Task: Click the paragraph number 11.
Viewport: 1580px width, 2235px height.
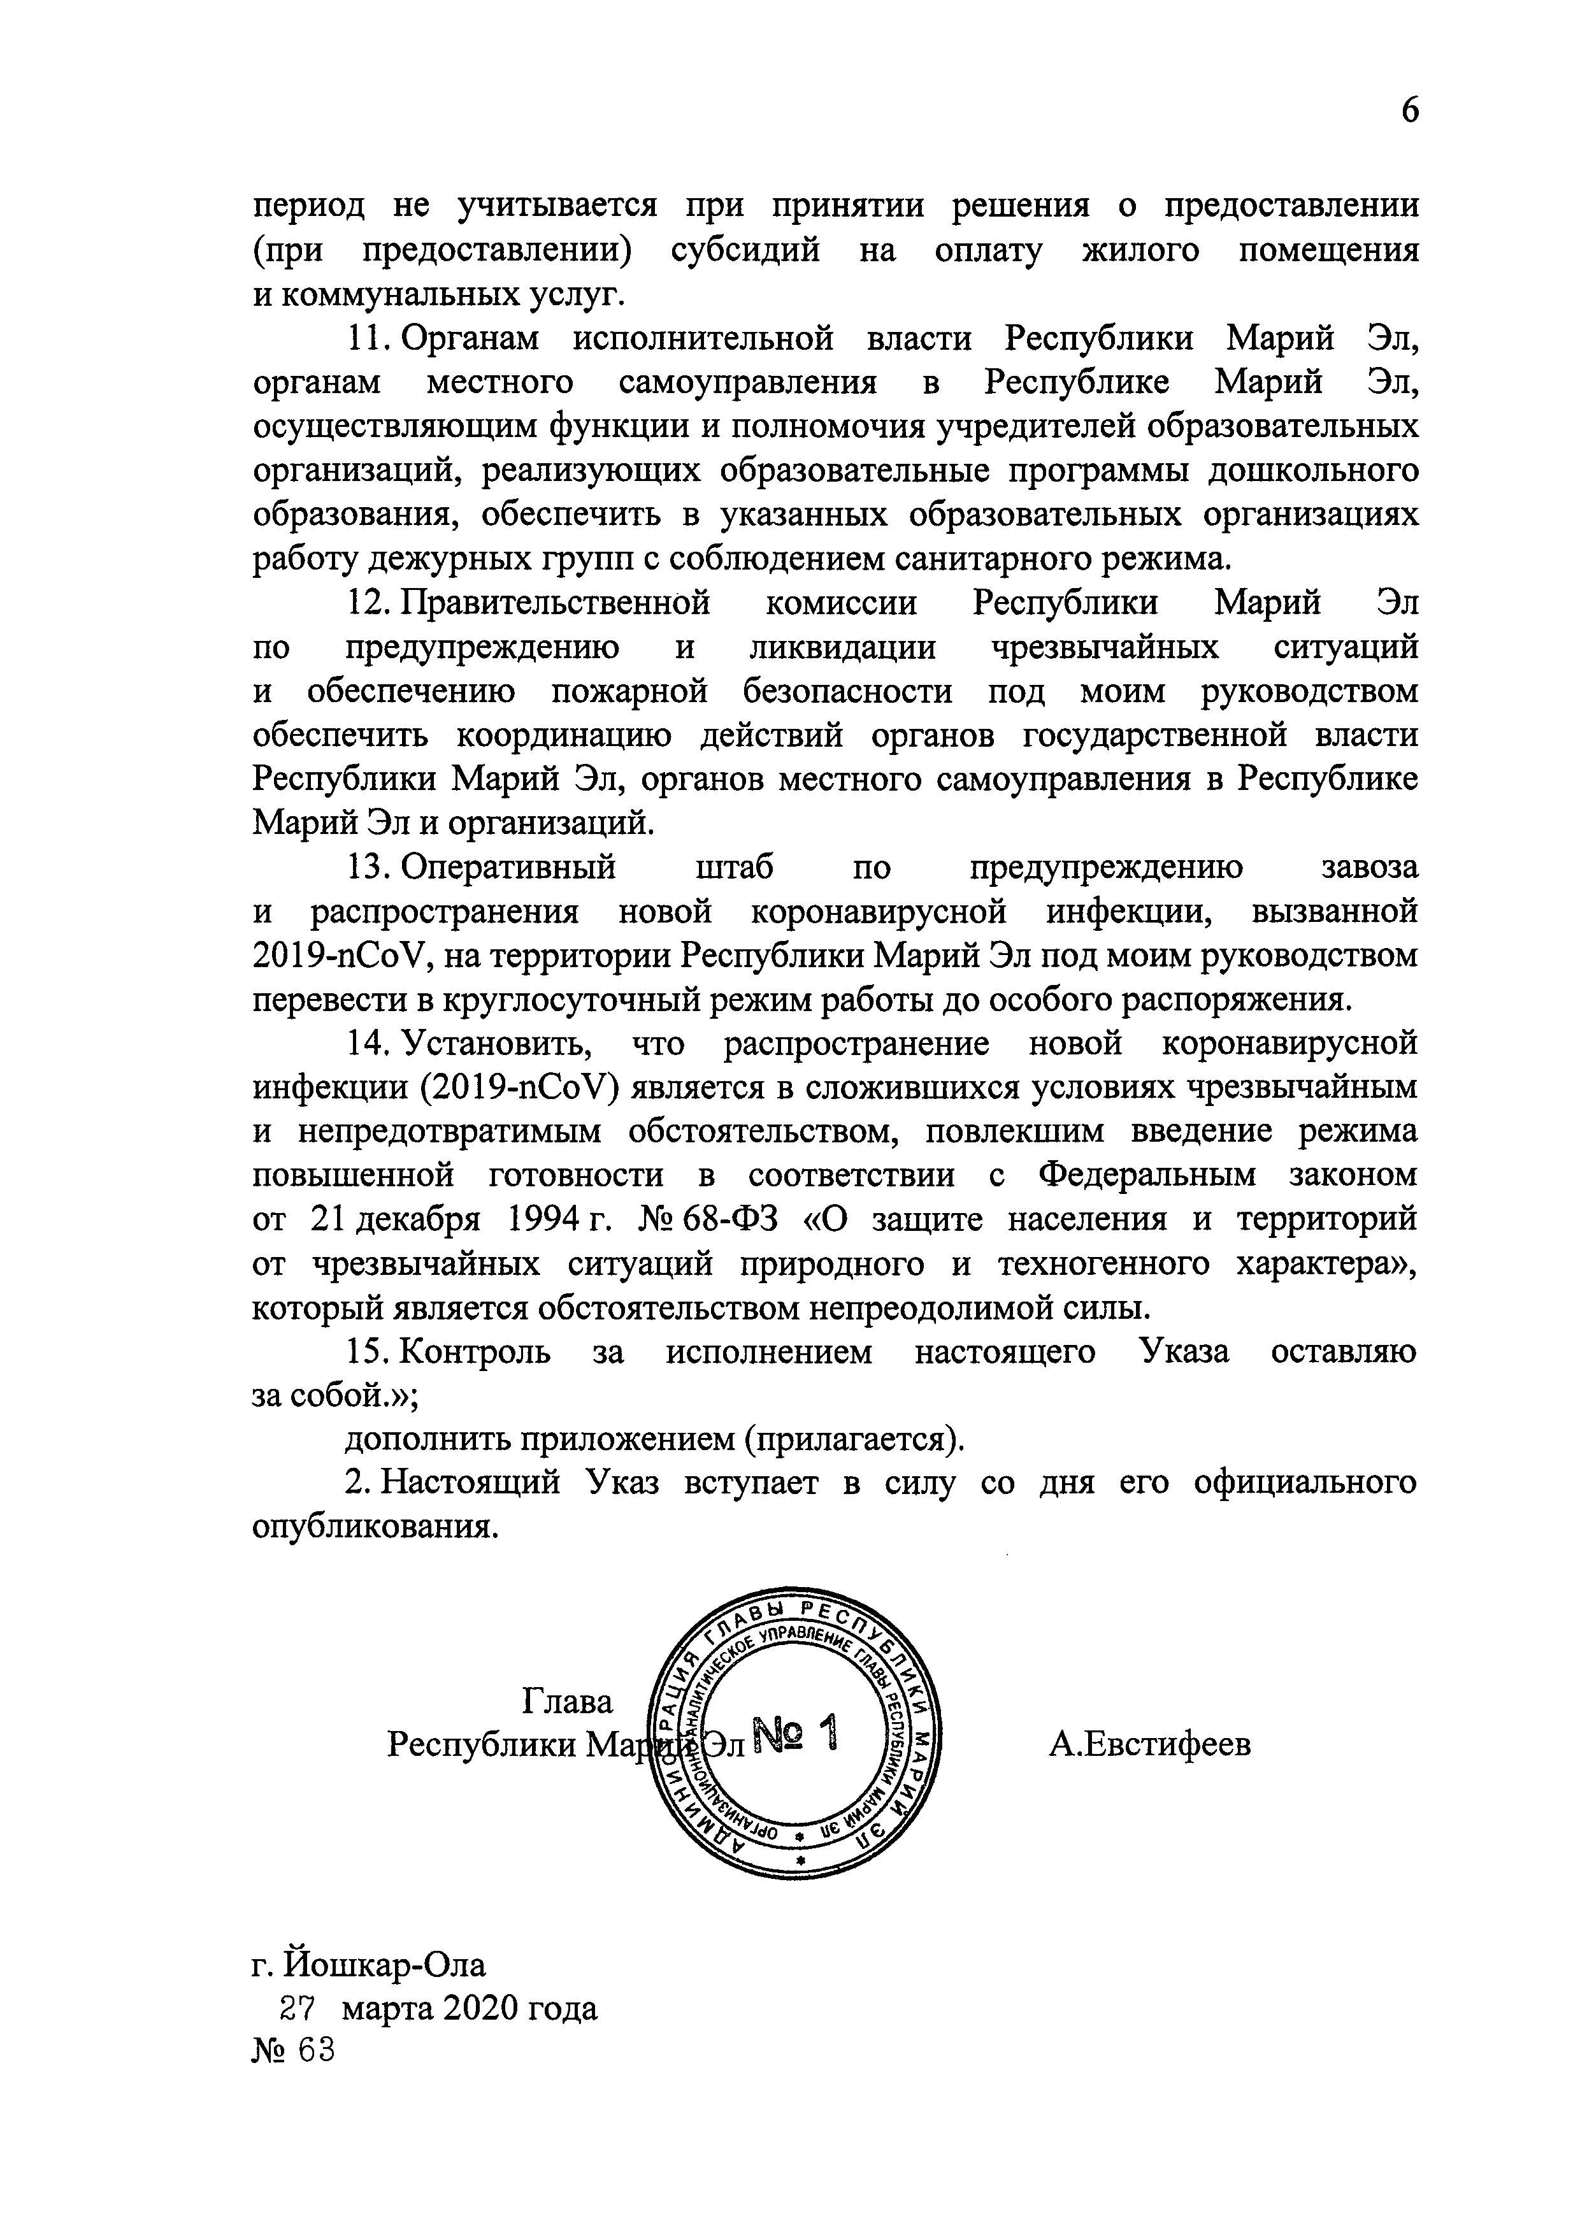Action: point(368,339)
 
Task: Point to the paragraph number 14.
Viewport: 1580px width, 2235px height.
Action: point(368,1044)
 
